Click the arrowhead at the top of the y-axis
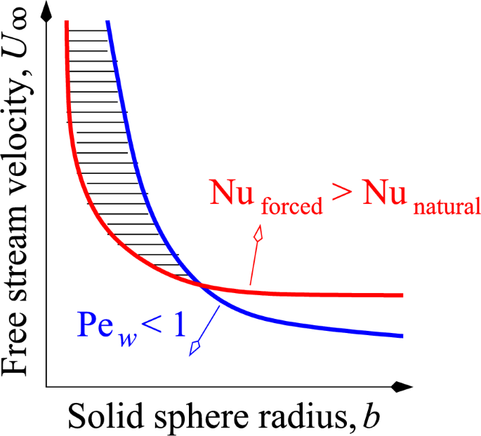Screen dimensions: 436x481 point(46,8)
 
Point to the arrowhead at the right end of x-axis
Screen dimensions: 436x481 point(401,386)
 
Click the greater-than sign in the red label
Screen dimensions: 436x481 point(343,193)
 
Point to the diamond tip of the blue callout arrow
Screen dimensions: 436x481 point(196,347)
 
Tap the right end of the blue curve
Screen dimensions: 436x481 point(402,336)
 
